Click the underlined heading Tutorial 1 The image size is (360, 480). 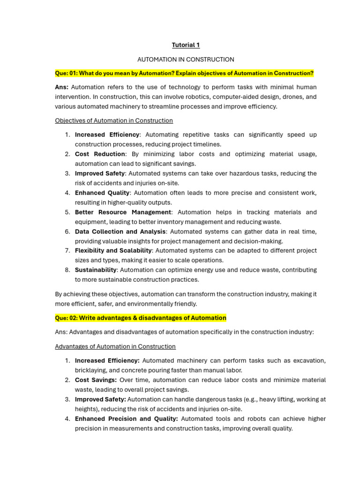186,45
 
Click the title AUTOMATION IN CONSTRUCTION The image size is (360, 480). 186,60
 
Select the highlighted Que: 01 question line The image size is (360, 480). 184,74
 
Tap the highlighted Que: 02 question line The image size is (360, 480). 141,318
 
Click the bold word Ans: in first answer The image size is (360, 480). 62,87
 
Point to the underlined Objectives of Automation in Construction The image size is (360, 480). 114,120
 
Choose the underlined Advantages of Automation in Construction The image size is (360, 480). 115,346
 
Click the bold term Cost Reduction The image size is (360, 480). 100,154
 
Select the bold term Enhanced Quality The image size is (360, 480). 102,193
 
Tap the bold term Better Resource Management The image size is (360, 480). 123,212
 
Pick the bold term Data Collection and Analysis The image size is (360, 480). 120,232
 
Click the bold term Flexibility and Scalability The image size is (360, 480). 113,251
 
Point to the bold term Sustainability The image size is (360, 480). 96,270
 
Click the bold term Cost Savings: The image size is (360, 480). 96,380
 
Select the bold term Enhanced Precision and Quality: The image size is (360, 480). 126,419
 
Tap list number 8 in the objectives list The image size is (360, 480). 67,270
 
